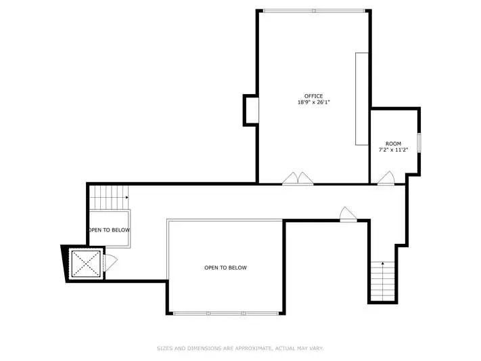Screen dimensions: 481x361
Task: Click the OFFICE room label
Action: pos(313,96)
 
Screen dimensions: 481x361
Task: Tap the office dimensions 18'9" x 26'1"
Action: pos(313,102)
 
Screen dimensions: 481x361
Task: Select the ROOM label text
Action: pos(393,144)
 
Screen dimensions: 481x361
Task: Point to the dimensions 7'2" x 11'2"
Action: pos(393,150)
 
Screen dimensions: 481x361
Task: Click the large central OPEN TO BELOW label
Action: pos(225,268)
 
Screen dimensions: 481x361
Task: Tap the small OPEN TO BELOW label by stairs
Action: pos(110,230)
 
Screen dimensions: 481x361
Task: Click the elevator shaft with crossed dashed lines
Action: pos(86,263)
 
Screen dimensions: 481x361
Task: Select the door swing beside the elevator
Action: pos(110,263)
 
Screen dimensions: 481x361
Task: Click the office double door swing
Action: pos(298,179)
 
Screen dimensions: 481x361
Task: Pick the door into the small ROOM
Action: pos(386,178)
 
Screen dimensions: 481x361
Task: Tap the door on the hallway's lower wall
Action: pos(348,214)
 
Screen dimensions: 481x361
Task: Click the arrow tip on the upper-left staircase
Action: pos(128,197)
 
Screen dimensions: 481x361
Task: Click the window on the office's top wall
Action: pos(314,11)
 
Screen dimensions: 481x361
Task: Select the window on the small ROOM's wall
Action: pos(419,142)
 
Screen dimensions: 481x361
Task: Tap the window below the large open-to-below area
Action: pos(226,314)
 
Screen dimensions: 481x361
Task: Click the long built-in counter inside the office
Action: pos(362,99)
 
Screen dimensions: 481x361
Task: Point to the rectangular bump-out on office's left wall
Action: pos(251,110)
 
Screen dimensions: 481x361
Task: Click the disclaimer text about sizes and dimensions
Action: pos(241,348)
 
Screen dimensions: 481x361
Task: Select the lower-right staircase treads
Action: pos(382,281)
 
